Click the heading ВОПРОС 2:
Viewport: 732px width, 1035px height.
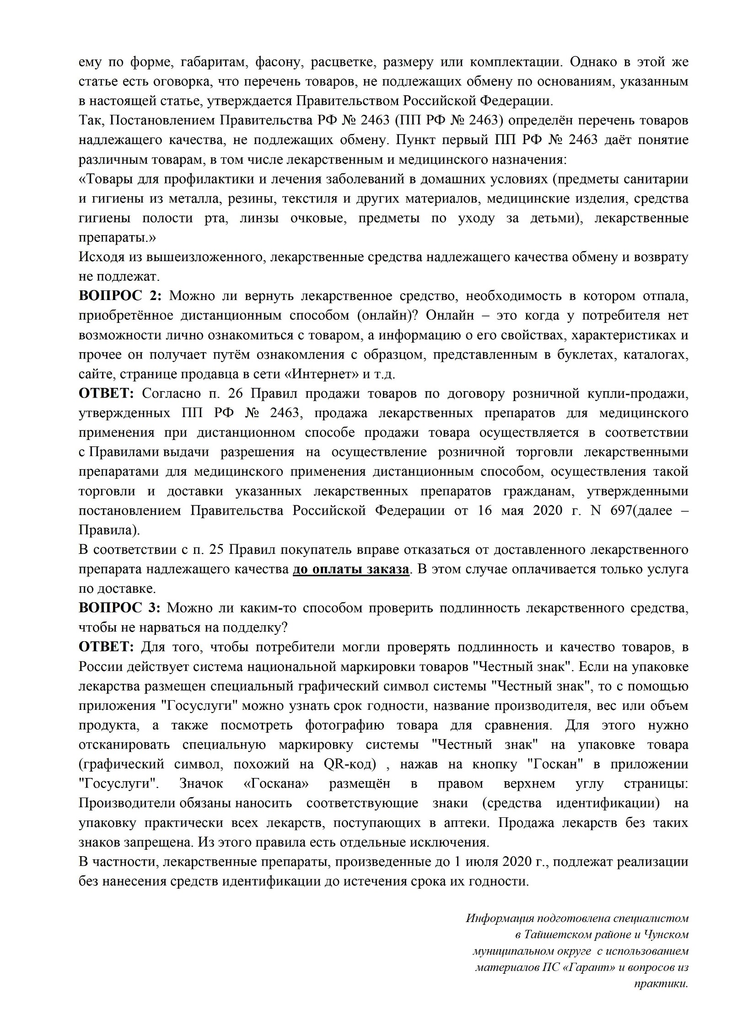click(x=120, y=296)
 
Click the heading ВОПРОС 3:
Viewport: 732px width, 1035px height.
click(x=120, y=608)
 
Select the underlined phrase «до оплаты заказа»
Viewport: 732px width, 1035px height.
click(x=351, y=569)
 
